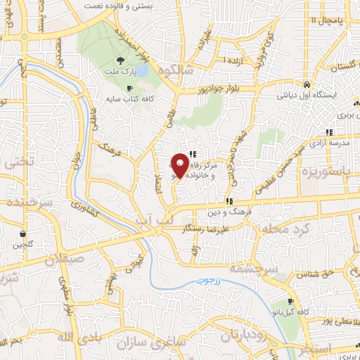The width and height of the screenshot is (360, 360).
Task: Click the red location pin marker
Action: pos(179,166)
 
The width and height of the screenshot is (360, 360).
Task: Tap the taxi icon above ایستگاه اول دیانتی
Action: pos(307,84)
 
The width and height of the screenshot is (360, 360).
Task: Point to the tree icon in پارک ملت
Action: pos(121,60)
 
